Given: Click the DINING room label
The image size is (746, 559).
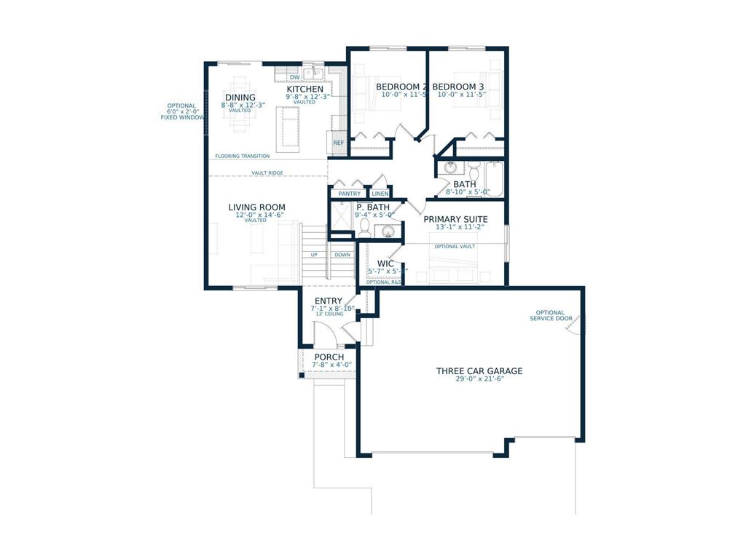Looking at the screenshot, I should click(x=240, y=98).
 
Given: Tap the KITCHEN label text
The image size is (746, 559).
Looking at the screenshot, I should click(x=305, y=89).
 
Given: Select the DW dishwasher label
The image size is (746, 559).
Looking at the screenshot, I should click(x=294, y=77).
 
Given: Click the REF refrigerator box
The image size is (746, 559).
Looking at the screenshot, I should click(x=338, y=143).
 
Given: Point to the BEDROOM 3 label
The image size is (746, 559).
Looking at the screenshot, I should click(x=458, y=87).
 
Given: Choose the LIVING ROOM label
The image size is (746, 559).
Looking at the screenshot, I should click(x=256, y=207).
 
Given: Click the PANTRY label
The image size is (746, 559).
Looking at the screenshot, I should click(x=349, y=194).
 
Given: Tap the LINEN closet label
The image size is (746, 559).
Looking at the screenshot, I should click(x=380, y=194).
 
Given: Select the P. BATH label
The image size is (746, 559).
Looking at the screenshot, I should click(x=373, y=207).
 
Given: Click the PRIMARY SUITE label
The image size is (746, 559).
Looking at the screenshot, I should click(x=455, y=219).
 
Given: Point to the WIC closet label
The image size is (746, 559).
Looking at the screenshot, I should click(x=385, y=263).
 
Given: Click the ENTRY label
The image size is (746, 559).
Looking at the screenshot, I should click(x=329, y=301).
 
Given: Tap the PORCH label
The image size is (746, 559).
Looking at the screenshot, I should click(x=329, y=357).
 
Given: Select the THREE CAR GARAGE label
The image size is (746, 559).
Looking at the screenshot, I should click(x=479, y=371).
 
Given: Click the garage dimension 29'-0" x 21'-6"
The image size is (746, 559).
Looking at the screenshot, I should click(x=479, y=380).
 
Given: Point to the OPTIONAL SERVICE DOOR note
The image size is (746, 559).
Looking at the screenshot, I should click(x=550, y=316).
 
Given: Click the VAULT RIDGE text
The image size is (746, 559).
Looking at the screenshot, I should click(x=267, y=173).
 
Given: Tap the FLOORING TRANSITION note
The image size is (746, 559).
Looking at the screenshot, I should click(x=242, y=156).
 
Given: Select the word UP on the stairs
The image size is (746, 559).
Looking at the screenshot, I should click(x=314, y=255).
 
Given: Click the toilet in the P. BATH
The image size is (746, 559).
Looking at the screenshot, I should click(x=364, y=228).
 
